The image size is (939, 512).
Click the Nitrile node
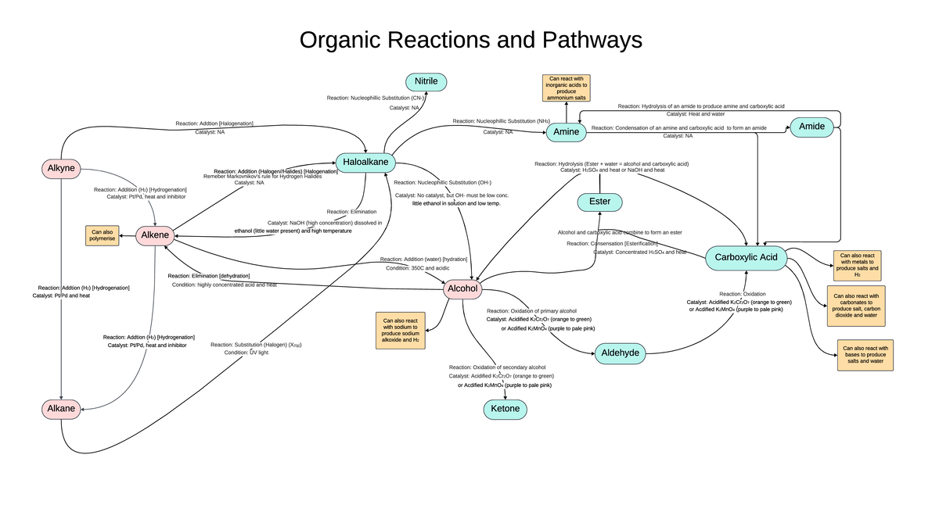(426, 81)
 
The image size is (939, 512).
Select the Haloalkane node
(365, 163)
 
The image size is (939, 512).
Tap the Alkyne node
(61, 168)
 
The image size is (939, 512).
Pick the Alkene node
(154, 235)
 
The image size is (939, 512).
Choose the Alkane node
(61, 408)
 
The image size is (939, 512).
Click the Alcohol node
(462, 288)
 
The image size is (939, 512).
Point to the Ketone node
(505, 409)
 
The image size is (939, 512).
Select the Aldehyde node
(621, 353)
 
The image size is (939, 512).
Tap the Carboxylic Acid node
(746, 257)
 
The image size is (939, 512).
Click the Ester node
(600, 202)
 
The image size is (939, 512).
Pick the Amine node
(566, 132)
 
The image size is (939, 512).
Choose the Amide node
(812, 127)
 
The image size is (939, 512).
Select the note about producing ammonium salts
(567, 88)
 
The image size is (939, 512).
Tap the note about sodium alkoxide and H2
(401, 330)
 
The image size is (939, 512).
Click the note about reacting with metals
(857, 265)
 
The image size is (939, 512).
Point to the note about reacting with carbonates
(855, 306)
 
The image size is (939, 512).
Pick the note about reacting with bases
(865, 355)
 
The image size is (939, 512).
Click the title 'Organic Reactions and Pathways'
(470, 41)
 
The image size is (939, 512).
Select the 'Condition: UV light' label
(246, 353)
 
